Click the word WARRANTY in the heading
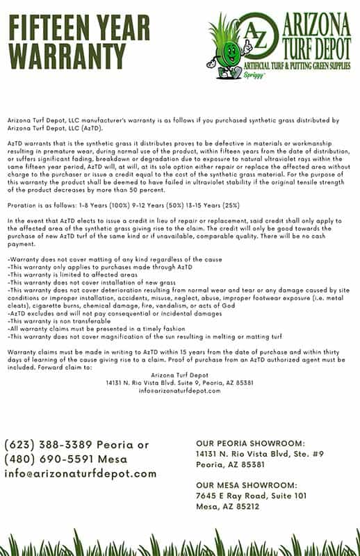(x=65, y=53)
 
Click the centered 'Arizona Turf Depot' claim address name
(x=179, y=375)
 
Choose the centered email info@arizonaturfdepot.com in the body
(x=179, y=390)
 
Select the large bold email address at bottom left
(x=81, y=474)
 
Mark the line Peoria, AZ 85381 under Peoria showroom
(x=230, y=464)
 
